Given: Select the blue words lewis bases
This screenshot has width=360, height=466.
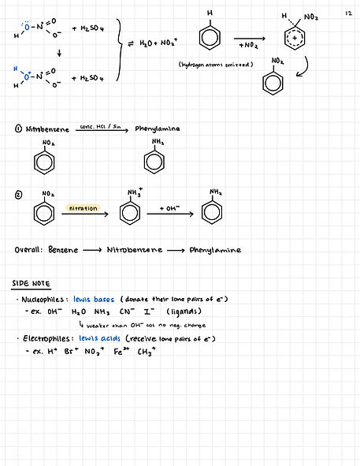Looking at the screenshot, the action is point(94,300).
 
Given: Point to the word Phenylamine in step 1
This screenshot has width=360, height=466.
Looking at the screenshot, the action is point(158,129).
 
